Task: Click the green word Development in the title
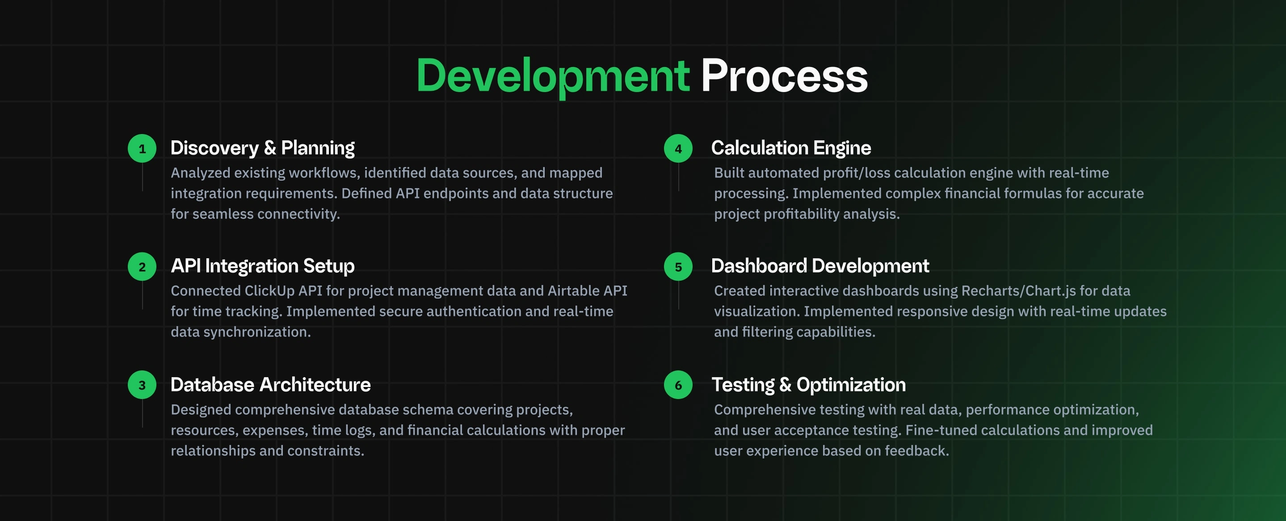(553, 76)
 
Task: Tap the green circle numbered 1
(142, 148)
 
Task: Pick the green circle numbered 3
(142, 385)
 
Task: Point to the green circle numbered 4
(678, 148)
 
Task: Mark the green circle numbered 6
(678, 385)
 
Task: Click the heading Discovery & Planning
(263, 148)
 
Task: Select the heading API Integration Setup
(263, 266)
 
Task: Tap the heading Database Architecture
(271, 385)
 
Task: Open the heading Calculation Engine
(791, 148)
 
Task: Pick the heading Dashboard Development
(820, 266)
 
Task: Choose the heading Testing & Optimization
(809, 385)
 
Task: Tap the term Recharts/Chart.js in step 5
(1018, 291)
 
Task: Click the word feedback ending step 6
(917, 451)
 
